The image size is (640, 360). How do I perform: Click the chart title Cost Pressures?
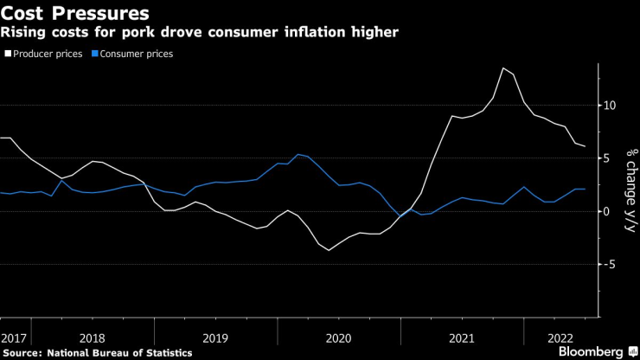[74, 14]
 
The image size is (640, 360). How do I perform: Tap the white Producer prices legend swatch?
[7, 54]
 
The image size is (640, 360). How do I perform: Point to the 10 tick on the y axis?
[611, 106]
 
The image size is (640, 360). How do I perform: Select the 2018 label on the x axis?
[91, 337]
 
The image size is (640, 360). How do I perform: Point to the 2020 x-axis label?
[338, 337]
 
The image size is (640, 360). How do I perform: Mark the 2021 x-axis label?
[462, 337]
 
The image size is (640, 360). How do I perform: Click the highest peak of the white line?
[503, 67]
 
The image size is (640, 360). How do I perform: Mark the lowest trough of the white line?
[329, 250]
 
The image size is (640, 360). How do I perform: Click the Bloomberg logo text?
[590, 351]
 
